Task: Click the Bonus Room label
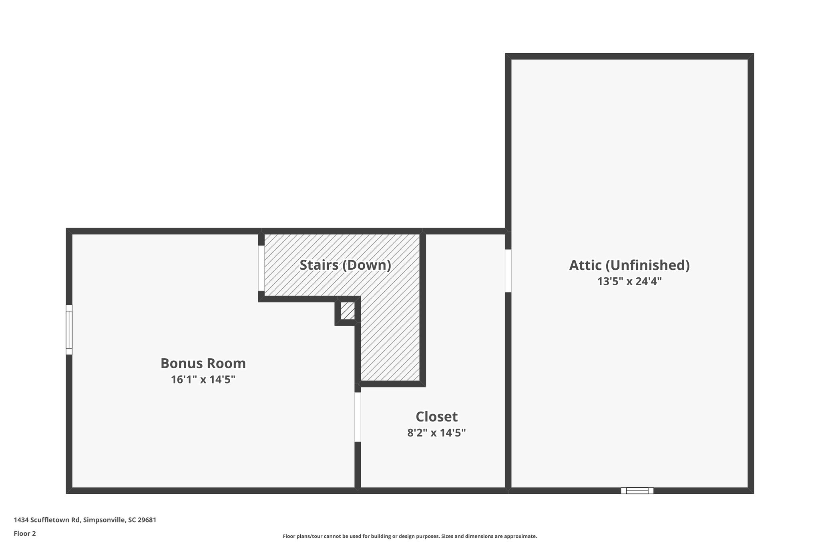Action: pyautogui.click(x=203, y=363)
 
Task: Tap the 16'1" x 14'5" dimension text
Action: pyautogui.click(x=203, y=379)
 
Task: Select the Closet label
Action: pyautogui.click(x=436, y=417)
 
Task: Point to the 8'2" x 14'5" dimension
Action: pyautogui.click(x=436, y=433)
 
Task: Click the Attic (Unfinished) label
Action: pyautogui.click(x=629, y=265)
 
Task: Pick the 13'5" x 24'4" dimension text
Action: pyautogui.click(x=629, y=281)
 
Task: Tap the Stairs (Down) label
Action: pyautogui.click(x=345, y=265)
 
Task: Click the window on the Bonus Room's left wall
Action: pyautogui.click(x=69, y=329)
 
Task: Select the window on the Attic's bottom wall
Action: pyautogui.click(x=637, y=490)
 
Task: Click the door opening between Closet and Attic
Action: pyautogui.click(x=508, y=271)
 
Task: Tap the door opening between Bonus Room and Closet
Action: pyautogui.click(x=358, y=417)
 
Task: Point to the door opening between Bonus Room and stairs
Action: pyautogui.click(x=261, y=268)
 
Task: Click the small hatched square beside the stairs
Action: pyautogui.click(x=348, y=311)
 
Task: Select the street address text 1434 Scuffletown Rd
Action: pyautogui.click(x=47, y=520)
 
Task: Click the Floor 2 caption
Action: pyautogui.click(x=24, y=534)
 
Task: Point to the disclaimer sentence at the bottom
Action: pyautogui.click(x=410, y=536)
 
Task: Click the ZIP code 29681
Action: pyautogui.click(x=147, y=520)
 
